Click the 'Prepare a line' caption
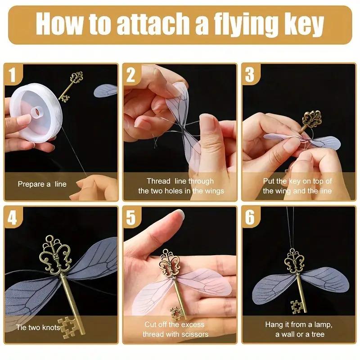(x=42, y=184)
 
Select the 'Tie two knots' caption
(x=38, y=327)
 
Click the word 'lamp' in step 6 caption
(x=322, y=324)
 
